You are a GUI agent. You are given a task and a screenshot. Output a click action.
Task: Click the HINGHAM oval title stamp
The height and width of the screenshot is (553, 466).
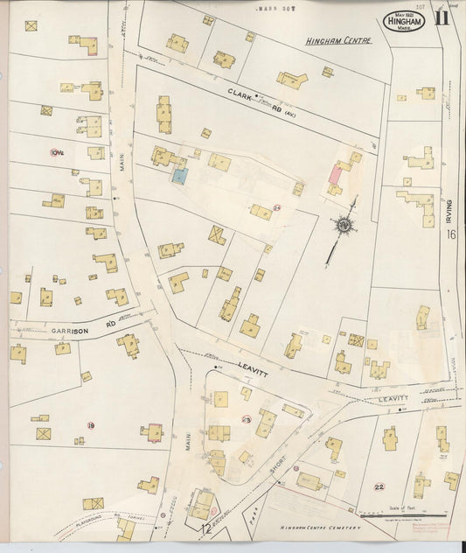(403, 20)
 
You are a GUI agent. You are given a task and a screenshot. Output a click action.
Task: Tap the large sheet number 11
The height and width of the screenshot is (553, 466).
(442, 19)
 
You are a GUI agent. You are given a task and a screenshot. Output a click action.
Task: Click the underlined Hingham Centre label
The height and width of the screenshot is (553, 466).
(338, 40)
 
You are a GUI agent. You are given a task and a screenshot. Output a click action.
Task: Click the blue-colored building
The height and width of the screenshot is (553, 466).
(179, 175)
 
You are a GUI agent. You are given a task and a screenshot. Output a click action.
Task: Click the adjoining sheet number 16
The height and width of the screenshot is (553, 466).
(451, 234)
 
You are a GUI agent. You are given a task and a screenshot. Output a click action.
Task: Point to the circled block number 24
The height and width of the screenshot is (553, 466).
(276, 207)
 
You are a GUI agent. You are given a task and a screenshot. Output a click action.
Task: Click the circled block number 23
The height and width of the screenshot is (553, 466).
(246, 420)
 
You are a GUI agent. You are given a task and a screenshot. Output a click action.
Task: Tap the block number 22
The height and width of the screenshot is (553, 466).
(379, 486)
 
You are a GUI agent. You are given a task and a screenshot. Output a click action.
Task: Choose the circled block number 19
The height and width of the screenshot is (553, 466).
(90, 426)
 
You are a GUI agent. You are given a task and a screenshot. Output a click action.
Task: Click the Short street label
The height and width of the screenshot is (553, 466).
(279, 471)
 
